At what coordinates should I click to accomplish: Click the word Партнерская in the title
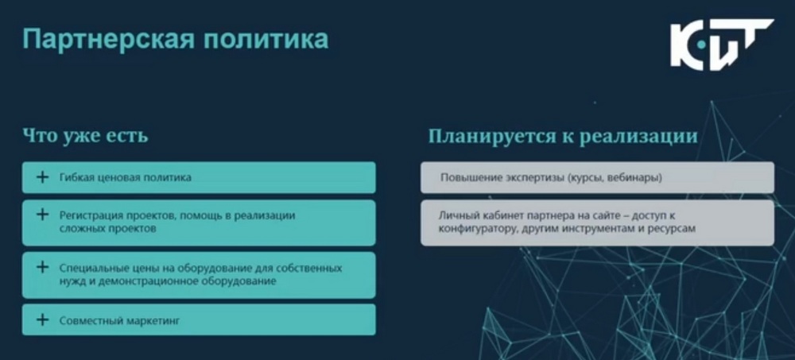click(108, 40)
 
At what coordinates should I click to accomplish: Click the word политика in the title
click(266, 40)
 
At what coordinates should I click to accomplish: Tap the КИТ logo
click(722, 45)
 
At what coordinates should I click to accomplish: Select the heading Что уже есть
click(85, 136)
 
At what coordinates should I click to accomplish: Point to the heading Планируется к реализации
click(563, 136)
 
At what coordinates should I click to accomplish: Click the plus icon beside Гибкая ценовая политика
click(43, 177)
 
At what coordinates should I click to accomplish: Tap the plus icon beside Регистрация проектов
click(43, 215)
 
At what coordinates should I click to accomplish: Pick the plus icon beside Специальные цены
click(43, 267)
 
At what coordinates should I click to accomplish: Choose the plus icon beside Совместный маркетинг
click(43, 320)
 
